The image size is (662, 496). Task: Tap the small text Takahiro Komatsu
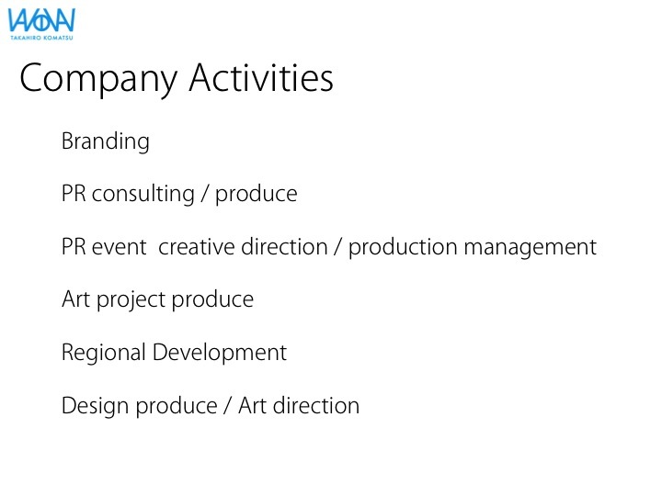point(41,38)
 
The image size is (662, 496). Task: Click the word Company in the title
point(98,79)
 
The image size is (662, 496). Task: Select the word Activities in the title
point(261,77)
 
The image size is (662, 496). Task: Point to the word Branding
point(106,141)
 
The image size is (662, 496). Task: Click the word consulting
point(143,194)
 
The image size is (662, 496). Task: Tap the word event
point(119,247)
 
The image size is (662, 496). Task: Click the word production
point(403,248)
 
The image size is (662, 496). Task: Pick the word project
point(131,300)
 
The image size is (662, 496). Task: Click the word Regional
point(104,353)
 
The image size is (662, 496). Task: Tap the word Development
point(220,353)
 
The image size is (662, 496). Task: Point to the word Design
point(95,406)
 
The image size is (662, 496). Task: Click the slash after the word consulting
point(205,194)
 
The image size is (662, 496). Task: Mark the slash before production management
point(337,247)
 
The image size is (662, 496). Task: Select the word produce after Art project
point(212,299)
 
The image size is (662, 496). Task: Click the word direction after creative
point(284,247)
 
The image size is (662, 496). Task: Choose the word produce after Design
point(177,406)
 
